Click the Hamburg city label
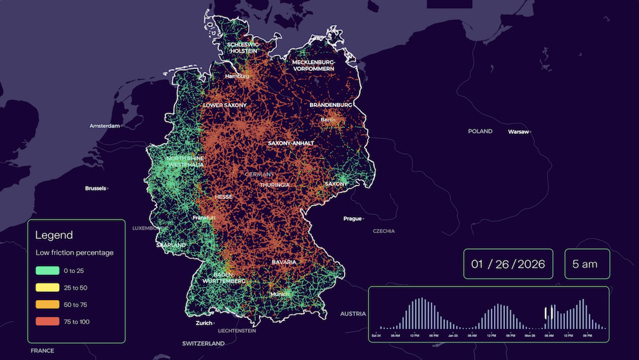(236, 76)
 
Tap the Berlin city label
(328, 120)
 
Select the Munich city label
(280, 294)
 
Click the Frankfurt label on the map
(204, 218)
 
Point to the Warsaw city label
(519, 131)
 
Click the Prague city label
(352, 218)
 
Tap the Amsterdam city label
(105, 126)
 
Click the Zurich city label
(204, 323)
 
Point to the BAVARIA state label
(284, 262)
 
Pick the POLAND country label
(480, 131)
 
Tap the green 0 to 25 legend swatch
(47, 271)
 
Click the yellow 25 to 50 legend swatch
(47, 288)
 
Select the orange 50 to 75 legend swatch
(47, 305)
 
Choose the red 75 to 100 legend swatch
(47, 321)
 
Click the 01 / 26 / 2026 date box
(508, 264)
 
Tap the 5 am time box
(587, 264)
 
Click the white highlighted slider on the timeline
(549, 312)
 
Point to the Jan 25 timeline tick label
(453, 336)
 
